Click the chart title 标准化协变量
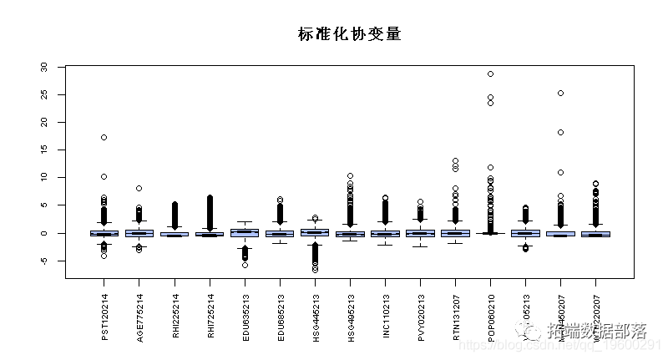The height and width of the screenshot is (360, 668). pos(350,34)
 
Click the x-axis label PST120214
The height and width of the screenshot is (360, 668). pos(104,317)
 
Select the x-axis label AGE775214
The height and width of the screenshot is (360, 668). pos(139,317)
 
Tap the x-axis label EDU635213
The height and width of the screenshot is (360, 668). pos(245,317)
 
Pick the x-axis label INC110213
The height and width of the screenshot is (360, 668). pos(386,318)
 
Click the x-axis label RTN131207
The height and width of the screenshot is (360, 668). pos(456,317)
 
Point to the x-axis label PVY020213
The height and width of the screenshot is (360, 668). pos(421,317)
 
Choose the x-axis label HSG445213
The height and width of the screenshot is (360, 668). pos(316,317)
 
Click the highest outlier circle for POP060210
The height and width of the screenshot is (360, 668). pos(490,74)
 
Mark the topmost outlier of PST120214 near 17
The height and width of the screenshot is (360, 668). pos(104,137)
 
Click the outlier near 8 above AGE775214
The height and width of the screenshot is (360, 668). pos(139,189)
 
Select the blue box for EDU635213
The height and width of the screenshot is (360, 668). pos(245,233)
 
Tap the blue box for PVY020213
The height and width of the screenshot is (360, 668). pos(420,233)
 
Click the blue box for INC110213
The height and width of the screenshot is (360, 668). pos(385,234)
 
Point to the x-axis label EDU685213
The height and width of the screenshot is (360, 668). pos(281,317)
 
